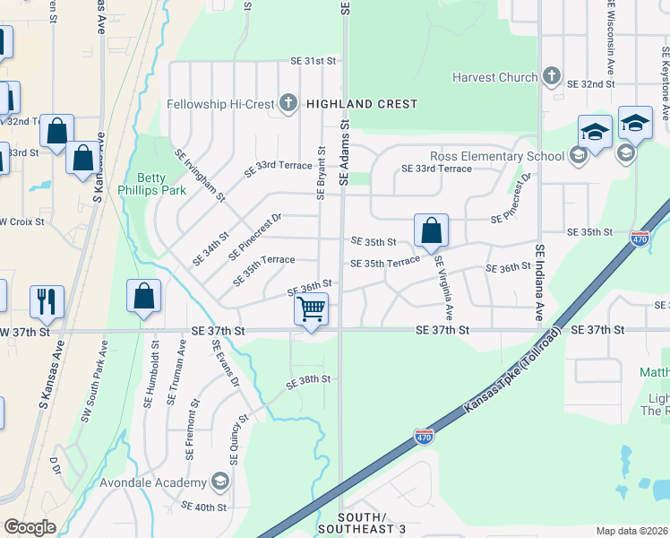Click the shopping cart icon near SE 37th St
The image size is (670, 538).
click(x=311, y=309)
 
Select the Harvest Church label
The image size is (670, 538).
click(x=495, y=77)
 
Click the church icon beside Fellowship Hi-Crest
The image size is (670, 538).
click(x=288, y=104)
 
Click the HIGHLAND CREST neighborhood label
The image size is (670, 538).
click(x=362, y=104)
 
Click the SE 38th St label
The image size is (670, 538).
click(x=309, y=380)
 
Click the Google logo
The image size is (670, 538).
click(x=30, y=527)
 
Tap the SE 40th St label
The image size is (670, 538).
click(x=204, y=507)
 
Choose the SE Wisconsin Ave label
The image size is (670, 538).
click(x=611, y=40)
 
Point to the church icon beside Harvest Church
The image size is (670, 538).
click(x=552, y=77)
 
